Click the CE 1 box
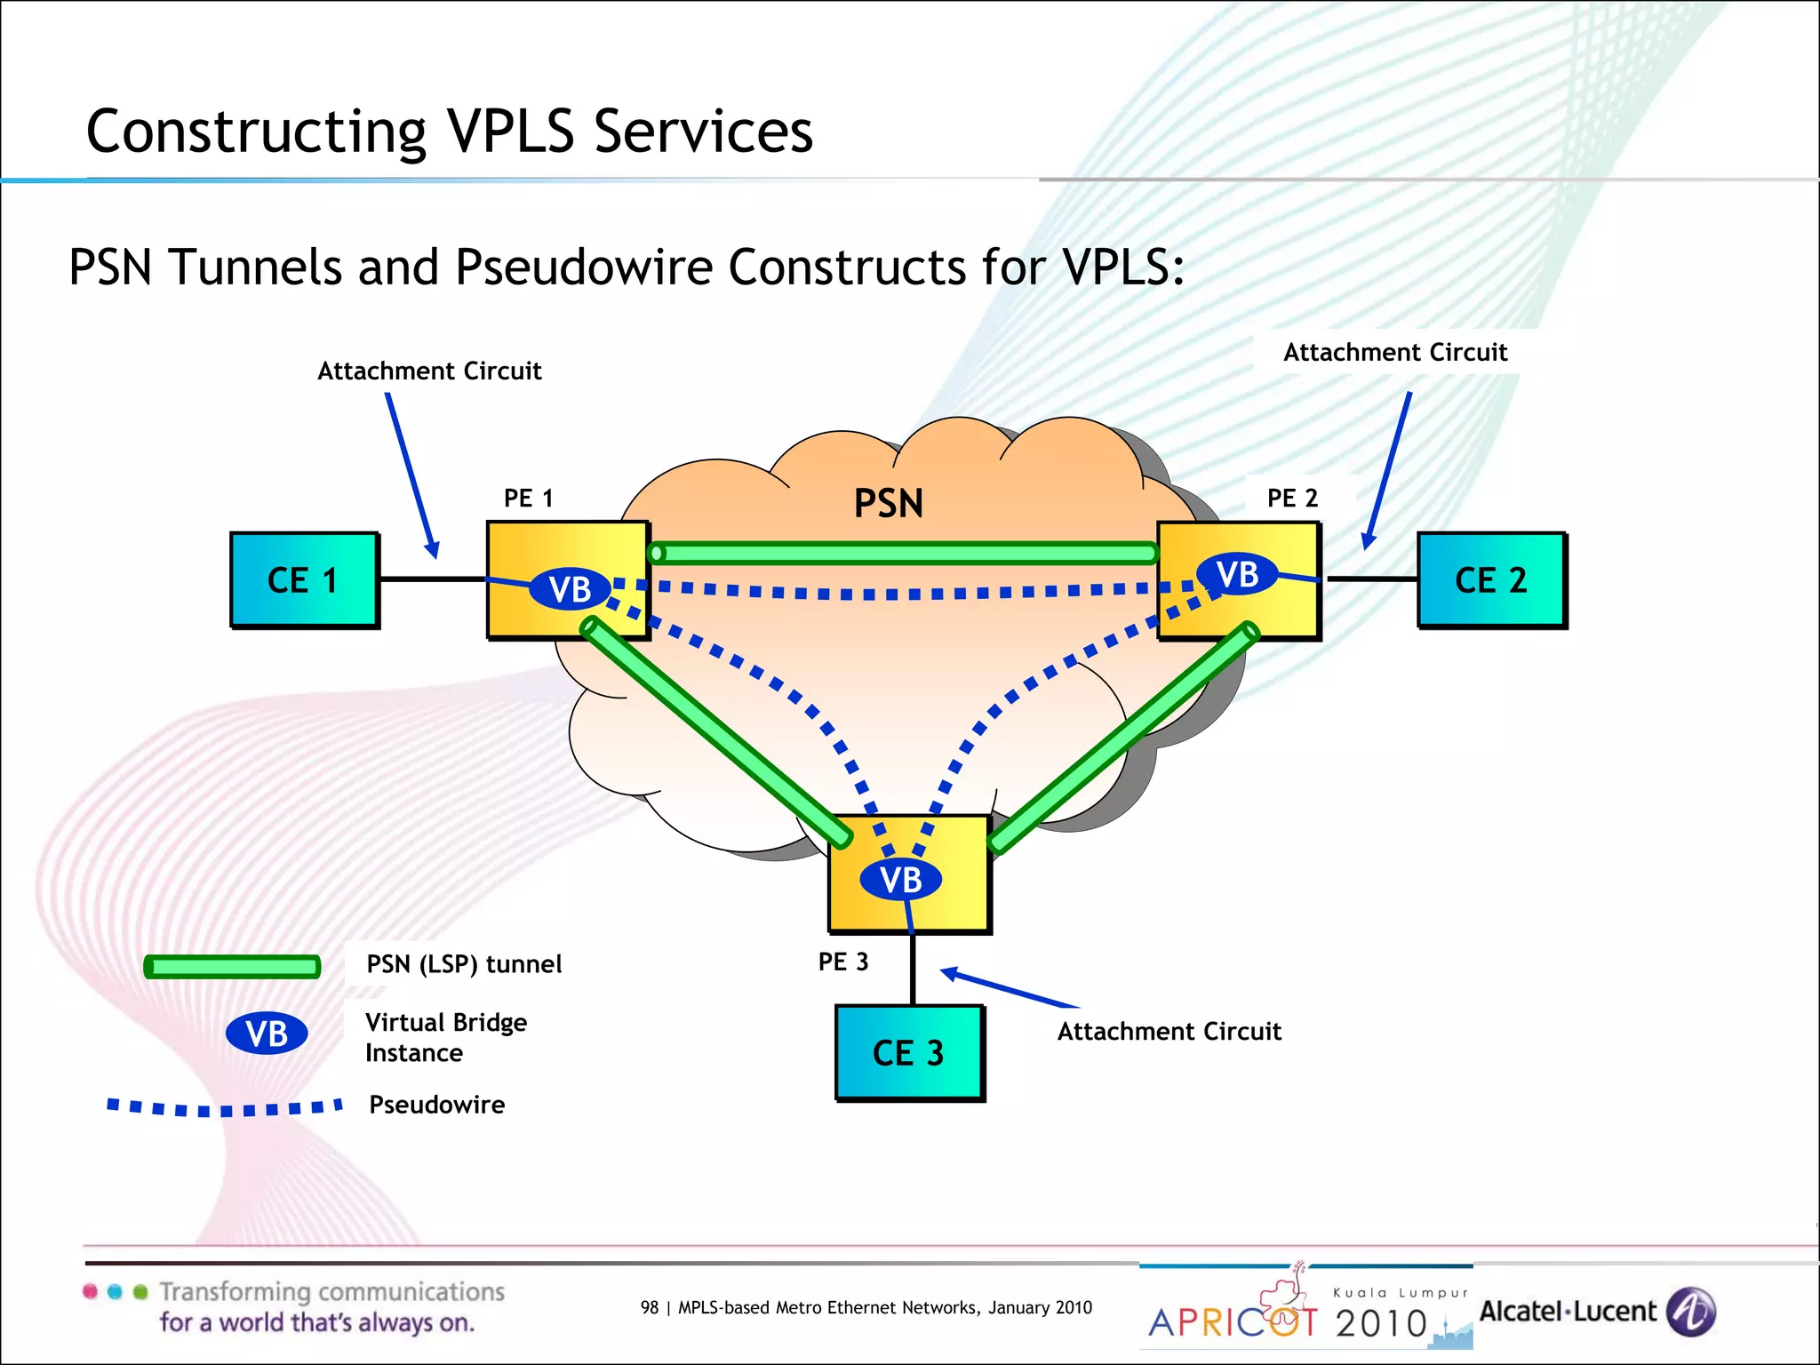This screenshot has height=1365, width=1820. click(x=304, y=580)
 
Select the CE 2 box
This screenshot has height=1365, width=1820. click(x=1491, y=580)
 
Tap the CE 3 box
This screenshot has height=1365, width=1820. click(x=908, y=1053)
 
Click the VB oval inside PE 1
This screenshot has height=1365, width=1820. click(x=570, y=589)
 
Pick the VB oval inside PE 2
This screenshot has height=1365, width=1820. click(x=1237, y=574)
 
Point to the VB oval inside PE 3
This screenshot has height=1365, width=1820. click(x=900, y=880)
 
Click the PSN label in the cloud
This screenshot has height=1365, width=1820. click(x=888, y=504)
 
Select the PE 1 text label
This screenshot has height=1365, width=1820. click(x=528, y=498)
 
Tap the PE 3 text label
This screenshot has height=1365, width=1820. click(x=842, y=962)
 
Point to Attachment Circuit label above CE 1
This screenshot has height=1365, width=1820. click(x=429, y=371)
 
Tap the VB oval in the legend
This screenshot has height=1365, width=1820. click(x=267, y=1034)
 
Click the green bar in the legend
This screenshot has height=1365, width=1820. click(x=232, y=967)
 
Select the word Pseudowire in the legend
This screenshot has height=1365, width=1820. click(x=436, y=1105)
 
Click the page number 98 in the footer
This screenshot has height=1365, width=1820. click(x=649, y=1307)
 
